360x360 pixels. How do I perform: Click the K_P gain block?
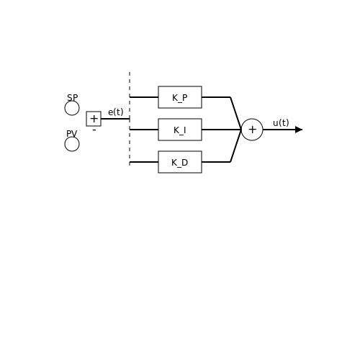pyautogui.click(x=180, y=97)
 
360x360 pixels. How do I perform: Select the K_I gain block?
pyautogui.click(x=180, y=130)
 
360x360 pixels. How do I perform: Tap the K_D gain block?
pyautogui.click(x=180, y=162)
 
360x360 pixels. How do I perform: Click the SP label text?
pyautogui.click(x=72, y=98)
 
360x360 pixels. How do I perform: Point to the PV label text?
pyautogui.click(x=72, y=134)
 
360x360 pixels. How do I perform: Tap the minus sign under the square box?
pyautogui.click(x=94, y=130)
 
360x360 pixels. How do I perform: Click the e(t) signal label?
pyautogui.click(x=116, y=112)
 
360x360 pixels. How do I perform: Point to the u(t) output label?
pyautogui.click(x=281, y=123)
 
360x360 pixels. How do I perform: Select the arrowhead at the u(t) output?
pyautogui.click(x=299, y=130)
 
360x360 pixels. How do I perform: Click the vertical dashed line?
pyautogui.click(x=130, y=119)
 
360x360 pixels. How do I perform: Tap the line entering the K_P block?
pyautogui.click(x=144, y=97)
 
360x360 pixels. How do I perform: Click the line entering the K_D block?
pyautogui.click(x=144, y=162)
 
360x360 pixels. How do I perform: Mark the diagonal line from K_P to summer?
pyautogui.click(x=235, y=113)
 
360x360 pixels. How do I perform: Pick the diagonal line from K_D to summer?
pyautogui.click(x=235, y=146)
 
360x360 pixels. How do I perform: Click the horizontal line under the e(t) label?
pyautogui.click(x=115, y=119)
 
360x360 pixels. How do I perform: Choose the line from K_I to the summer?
pyautogui.click(x=221, y=130)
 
